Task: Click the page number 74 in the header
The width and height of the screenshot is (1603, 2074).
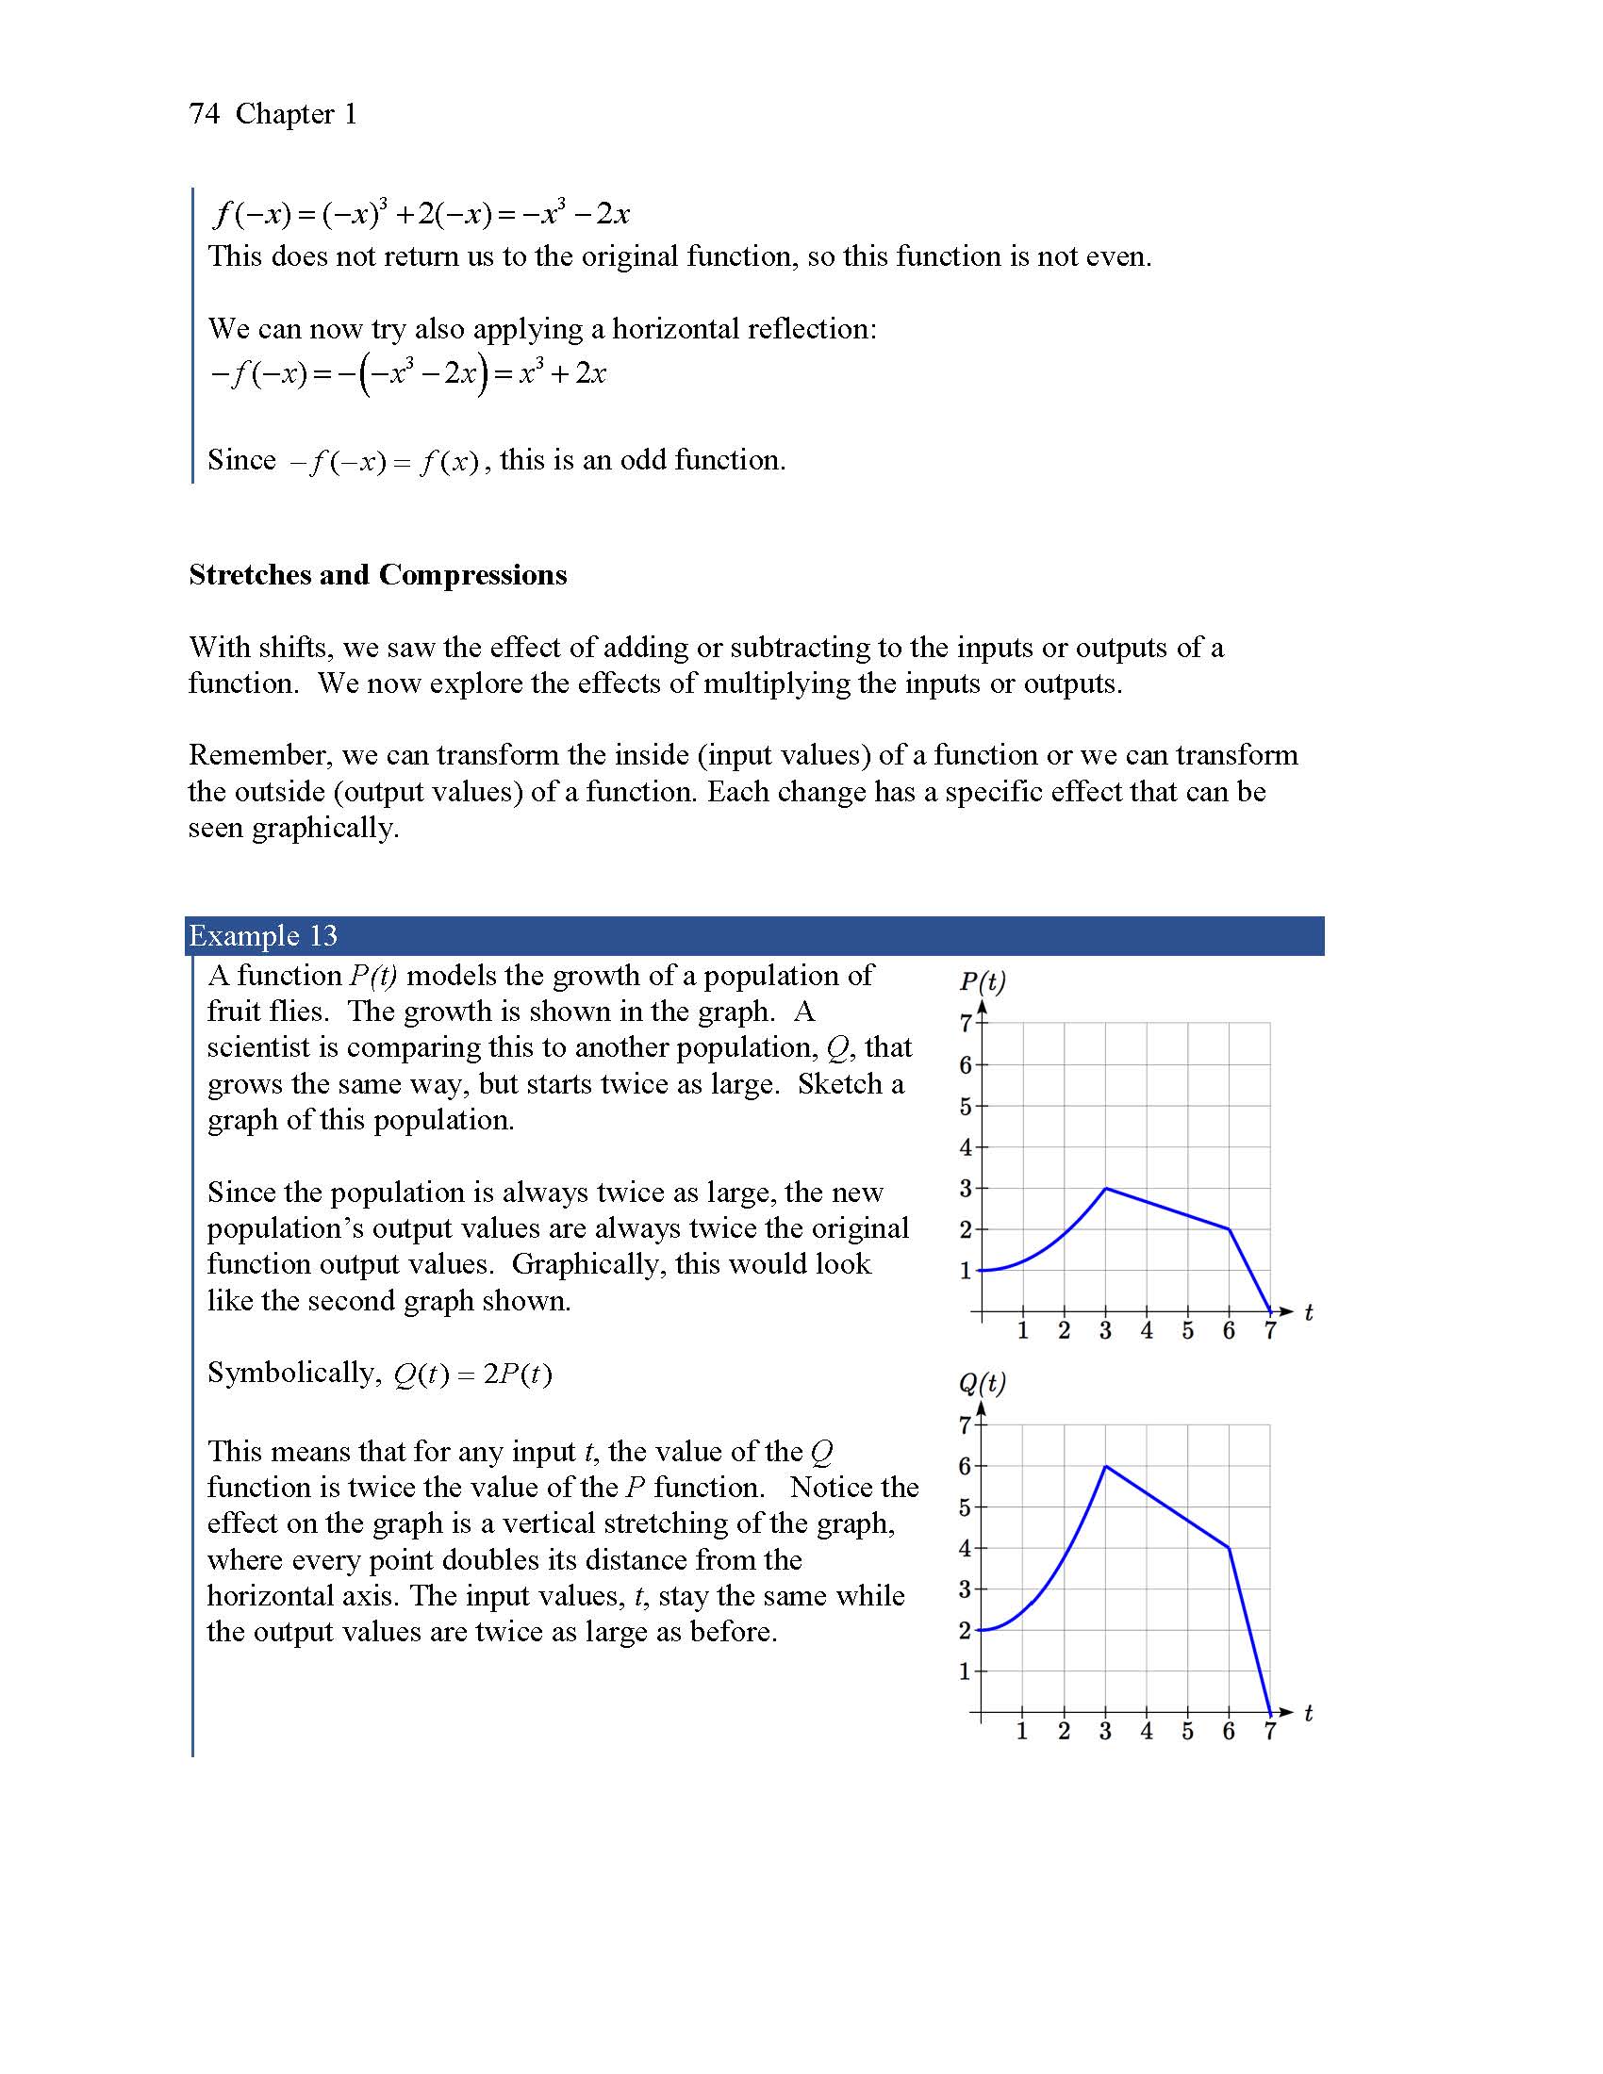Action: pyautogui.click(x=205, y=114)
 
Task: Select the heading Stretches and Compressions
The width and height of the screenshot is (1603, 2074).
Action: pyautogui.click(x=377, y=574)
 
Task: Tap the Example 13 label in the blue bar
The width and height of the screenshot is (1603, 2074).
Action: pyautogui.click(x=263, y=936)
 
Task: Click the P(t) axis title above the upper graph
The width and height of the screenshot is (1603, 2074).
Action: pyautogui.click(x=982, y=980)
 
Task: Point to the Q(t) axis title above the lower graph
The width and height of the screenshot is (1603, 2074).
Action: pyautogui.click(x=982, y=1383)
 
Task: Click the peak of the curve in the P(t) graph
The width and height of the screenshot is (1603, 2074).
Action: pyautogui.click(x=1105, y=1188)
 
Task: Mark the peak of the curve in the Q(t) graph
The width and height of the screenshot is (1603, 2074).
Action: pyautogui.click(x=1105, y=1467)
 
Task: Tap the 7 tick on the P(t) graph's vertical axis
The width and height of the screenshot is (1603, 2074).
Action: pyautogui.click(x=965, y=1024)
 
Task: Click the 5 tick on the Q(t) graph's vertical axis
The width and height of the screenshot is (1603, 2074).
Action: pyautogui.click(x=965, y=1508)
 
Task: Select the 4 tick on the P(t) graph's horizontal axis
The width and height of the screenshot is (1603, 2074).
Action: pyautogui.click(x=1147, y=1330)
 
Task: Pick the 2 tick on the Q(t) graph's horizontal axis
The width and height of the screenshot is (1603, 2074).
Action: pyautogui.click(x=1064, y=1731)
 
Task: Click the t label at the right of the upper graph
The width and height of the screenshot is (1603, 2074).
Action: pyautogui.click(x=1309, y=1312)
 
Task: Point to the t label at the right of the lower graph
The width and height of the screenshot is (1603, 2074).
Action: pyautogui.click(x=1309, y=1713)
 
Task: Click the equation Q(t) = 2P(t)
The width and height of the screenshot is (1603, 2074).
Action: pyautogui.click(x=472, y=1374)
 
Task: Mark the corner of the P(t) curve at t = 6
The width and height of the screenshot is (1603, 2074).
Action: pyautogui.click(x=1229, y=1229)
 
